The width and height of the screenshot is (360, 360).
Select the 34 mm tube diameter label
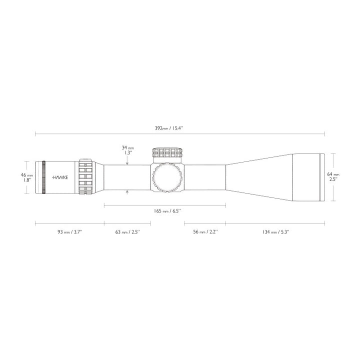tap(128, 148)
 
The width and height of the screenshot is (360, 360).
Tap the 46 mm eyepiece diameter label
tap(26, 175)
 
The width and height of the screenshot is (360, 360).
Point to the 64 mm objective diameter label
tap(333, 174)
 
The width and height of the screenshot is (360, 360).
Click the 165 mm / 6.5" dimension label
tap(165, 211)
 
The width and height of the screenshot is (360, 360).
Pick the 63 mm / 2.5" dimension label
tap(126, 231)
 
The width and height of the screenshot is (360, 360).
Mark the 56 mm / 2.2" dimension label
tap(205, 231)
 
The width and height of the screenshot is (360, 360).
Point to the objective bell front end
tap(322, 177)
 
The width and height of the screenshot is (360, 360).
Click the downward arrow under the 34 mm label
tap(128, 161)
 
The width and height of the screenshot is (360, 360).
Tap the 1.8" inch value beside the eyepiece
tap(27, 180)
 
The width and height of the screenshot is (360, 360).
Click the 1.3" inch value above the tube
tap(127, 153)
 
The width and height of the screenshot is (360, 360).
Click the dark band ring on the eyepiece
tap(44, 177)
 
